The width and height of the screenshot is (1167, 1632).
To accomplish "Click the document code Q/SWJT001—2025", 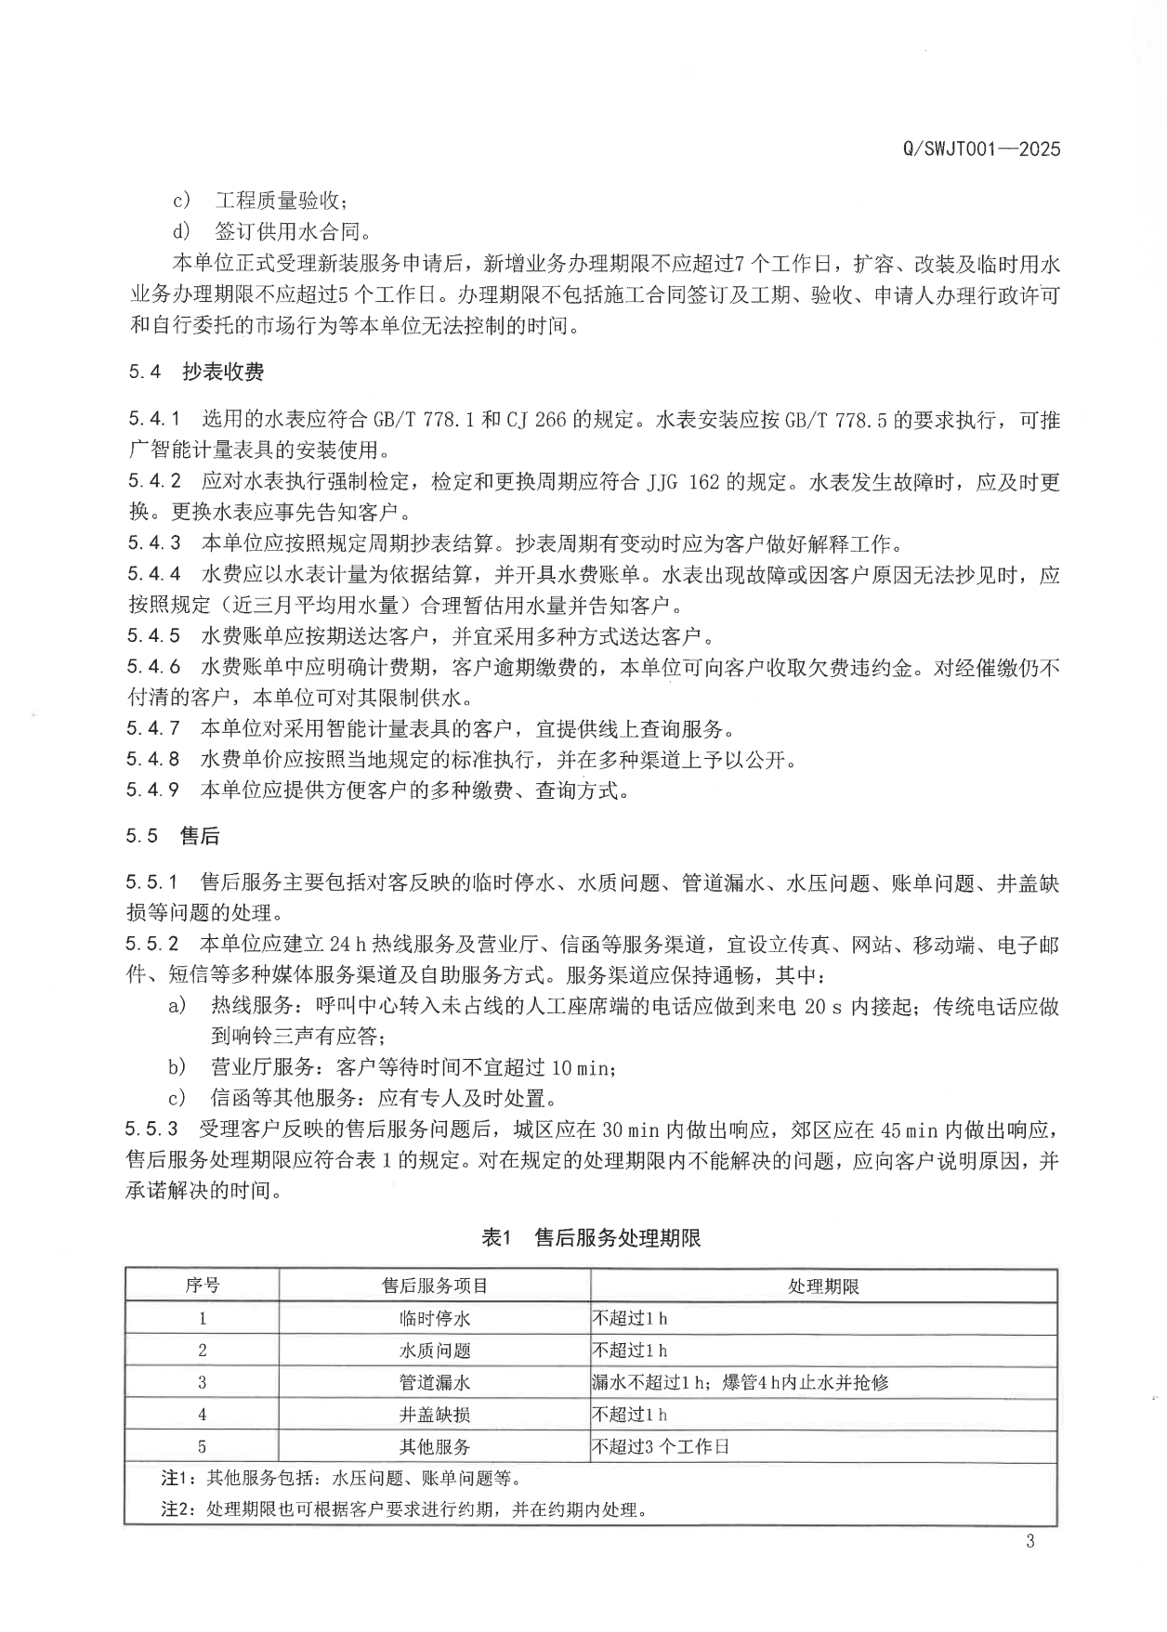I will [980, 149].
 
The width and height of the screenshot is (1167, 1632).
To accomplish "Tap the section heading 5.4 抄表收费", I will [196, 372].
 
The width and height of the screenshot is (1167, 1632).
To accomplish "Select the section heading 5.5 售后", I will [173, 836].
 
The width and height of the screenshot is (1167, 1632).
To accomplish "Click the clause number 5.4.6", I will [153, 667].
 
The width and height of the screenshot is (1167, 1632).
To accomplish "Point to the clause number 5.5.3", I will [151, 1129].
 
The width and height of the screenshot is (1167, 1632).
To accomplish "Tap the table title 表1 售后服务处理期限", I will [591, 1237].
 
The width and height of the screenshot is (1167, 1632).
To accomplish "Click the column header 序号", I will [203, 1286].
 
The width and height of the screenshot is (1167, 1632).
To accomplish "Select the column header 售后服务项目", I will [435, 1286].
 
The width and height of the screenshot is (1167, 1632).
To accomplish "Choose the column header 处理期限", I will [823, 1286].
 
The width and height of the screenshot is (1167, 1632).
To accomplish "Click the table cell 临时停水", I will [435, 1318].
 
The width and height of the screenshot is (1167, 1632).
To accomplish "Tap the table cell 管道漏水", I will [435, 1382].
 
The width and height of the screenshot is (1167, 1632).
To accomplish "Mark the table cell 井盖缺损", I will [435, 1415].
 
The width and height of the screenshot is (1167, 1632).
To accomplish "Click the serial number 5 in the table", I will [203, 1446].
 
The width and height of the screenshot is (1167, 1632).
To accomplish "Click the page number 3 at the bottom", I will [1029, 1543].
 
